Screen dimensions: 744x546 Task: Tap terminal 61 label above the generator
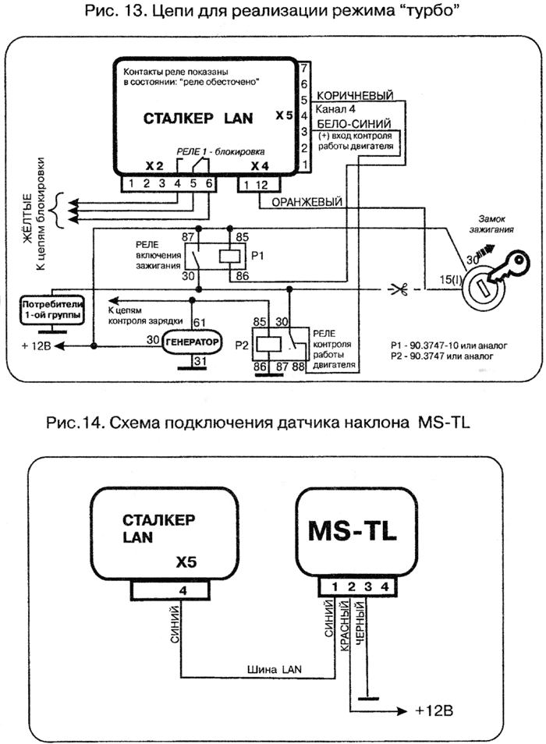[x=199, y=322]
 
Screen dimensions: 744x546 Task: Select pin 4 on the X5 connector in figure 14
[x=183, y=590]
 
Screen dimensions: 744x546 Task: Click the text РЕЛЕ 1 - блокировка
[x=219, y=151]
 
